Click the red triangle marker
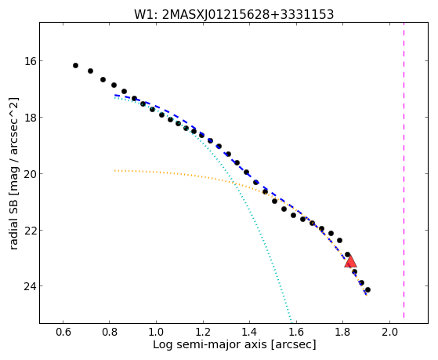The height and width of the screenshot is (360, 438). (x=350, y=261)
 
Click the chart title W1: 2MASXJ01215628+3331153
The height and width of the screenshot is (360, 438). (x=233, y=15)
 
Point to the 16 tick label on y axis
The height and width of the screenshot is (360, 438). (x=27, y=60)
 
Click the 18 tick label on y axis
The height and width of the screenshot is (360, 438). (x=27, y=117)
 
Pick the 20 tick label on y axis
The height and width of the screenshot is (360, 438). (x=27, y=173)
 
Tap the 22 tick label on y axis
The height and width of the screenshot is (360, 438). (x=27, y=231)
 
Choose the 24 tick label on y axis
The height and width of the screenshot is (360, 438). (x=27, y=286)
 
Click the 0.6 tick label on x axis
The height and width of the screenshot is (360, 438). (x=63, y=332)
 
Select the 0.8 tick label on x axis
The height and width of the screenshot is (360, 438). (x=110, y=332)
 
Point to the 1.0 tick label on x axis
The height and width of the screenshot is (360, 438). (x=157, y=332)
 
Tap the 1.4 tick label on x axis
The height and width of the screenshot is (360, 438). (x=250, y=332)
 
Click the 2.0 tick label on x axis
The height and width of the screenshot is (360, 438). (x=390, y=332)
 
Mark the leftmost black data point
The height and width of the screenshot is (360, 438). (x=75, y=65)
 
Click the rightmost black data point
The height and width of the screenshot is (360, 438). (x=368, y=289)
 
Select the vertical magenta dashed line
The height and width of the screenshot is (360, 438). (x=404, y=170)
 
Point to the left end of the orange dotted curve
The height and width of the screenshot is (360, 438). (x=115, y=170)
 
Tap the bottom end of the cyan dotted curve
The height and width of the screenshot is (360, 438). (x=291, y=322)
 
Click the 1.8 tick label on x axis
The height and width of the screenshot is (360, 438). (x=343, y=332)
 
